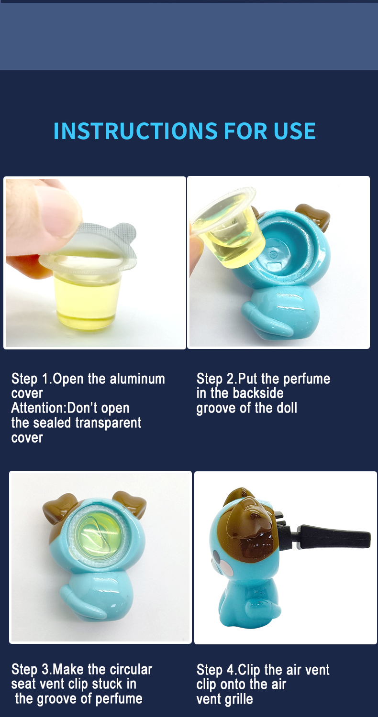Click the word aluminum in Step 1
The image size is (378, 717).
pos(137,379)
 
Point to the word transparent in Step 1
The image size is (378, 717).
pos(108,423)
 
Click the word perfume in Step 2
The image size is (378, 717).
pos(307,380)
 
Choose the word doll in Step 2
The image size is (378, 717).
pos(287,408)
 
